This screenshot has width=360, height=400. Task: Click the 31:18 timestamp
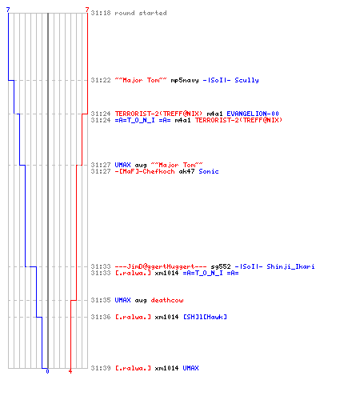101,13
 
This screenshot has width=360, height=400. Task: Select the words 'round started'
141,13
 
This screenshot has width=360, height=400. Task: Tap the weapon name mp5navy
185,80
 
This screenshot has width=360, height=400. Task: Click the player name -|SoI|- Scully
230,80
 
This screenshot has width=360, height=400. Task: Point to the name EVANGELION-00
253,114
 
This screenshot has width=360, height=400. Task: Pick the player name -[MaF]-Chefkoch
145,171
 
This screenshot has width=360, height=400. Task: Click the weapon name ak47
186,171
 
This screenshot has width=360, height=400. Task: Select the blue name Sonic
209,171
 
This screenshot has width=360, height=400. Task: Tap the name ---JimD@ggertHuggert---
161,266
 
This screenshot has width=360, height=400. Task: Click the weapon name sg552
221,266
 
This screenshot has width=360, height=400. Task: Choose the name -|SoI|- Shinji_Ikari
274,266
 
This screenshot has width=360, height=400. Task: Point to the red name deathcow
167,300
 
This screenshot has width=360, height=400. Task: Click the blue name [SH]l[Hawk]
205,317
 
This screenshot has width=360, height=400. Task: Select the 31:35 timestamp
101,300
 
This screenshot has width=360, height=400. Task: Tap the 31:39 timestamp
101,368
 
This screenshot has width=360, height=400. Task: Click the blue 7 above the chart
8,10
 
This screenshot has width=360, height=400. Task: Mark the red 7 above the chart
87,10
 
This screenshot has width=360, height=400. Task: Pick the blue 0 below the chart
47,371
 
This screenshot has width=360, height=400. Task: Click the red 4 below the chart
70,371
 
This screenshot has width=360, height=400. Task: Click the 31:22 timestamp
101,80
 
